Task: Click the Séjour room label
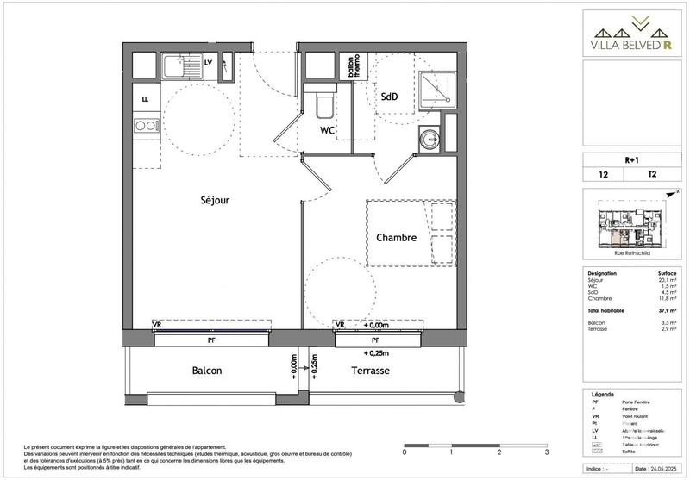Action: coord(215,200)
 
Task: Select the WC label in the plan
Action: coord(327,131)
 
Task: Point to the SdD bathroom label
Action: coord(389,97)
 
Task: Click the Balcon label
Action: coord(206,371)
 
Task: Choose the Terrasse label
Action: coord(371,371)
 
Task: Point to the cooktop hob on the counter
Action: coord(146,128)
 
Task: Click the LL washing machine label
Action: coord(145,97)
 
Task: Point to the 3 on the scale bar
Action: coord(547,452)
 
